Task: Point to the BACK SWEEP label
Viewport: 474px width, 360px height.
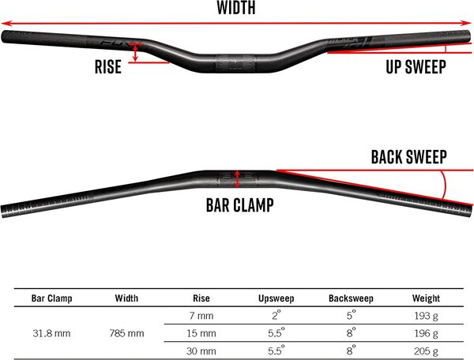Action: click(x=408, y=157)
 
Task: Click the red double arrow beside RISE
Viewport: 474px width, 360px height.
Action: click(x=137, y=52)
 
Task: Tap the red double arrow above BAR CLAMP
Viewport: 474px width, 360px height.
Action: click(x=237, y=178)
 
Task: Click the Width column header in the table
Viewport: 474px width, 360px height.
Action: click(x=126, y=298)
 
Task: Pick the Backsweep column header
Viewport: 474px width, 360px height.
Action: click(x=351, y=298)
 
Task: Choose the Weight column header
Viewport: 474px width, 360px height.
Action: click(x=427, y=298)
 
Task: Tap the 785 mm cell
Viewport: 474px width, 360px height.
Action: click(x=126, y=332)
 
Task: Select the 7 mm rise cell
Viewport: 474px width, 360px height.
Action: click(x=201, y=316)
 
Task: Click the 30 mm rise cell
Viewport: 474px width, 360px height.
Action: click(x=201, y=350)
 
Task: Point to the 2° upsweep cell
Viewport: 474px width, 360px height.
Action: click(x=276, y=316)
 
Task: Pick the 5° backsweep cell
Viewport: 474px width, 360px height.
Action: click(x=351, y=316)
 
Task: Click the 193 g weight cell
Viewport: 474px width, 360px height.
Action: click(x=427, y=316)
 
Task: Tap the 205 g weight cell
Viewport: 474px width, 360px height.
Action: click(x=427, y=350)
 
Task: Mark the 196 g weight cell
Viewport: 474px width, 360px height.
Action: click(x=427, y=332)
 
